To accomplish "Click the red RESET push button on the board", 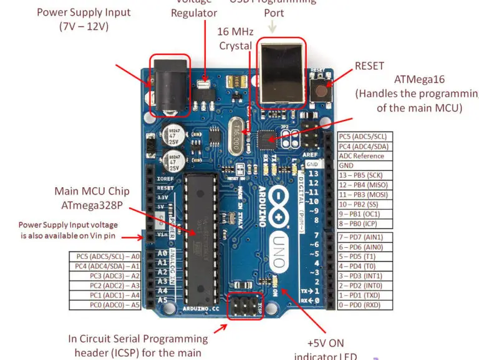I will [321, 89].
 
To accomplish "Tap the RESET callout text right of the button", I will [369, 66].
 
